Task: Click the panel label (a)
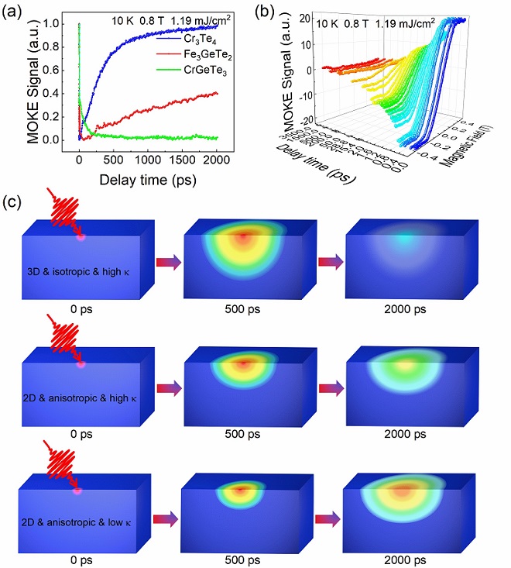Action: coord(16,11)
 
